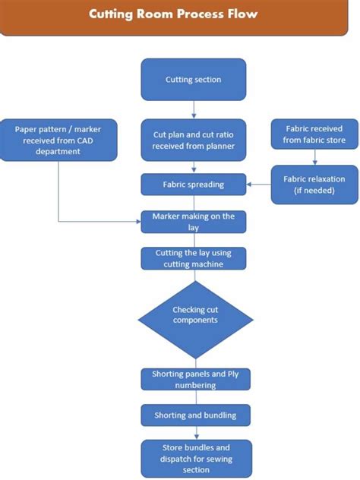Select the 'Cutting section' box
click(193, 79)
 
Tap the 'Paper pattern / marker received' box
click(58, 140)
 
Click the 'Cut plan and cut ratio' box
click(193, 140)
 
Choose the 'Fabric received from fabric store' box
click(315, 134)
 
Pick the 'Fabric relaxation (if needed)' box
click(314, 185)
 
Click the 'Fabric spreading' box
click(193, 183)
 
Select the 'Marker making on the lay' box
click(193, 221)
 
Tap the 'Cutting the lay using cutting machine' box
click(193, 257)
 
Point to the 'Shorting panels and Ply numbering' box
click(193, 379)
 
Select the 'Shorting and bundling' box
click(193, 415)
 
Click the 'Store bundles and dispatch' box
click(193, 456)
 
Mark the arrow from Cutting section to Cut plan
click(193, 109)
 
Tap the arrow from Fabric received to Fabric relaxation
click(314, 157)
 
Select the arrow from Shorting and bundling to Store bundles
click(193, 432)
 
